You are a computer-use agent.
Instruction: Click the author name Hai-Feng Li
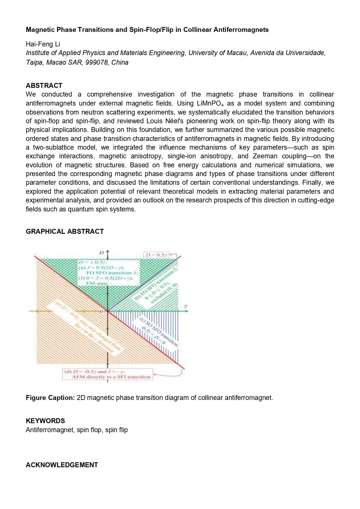(x=43, y=44)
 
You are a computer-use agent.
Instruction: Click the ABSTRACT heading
(x=44, y=86)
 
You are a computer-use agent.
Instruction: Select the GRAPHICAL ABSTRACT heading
(x=65, y=231)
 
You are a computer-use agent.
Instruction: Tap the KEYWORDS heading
(x=45, y=421)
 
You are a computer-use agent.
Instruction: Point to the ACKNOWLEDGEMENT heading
(x=62, y=465)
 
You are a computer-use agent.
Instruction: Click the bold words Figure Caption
(x=50, y=398)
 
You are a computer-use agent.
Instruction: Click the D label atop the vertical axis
(x=102, y=253)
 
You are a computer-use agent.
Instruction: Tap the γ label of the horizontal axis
(x=185, y=306)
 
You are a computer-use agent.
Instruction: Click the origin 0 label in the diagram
(x=101, y=311)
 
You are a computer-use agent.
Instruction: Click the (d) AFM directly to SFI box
(x=108, y=374)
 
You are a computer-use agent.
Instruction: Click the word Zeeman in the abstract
(x=265, y=156)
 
